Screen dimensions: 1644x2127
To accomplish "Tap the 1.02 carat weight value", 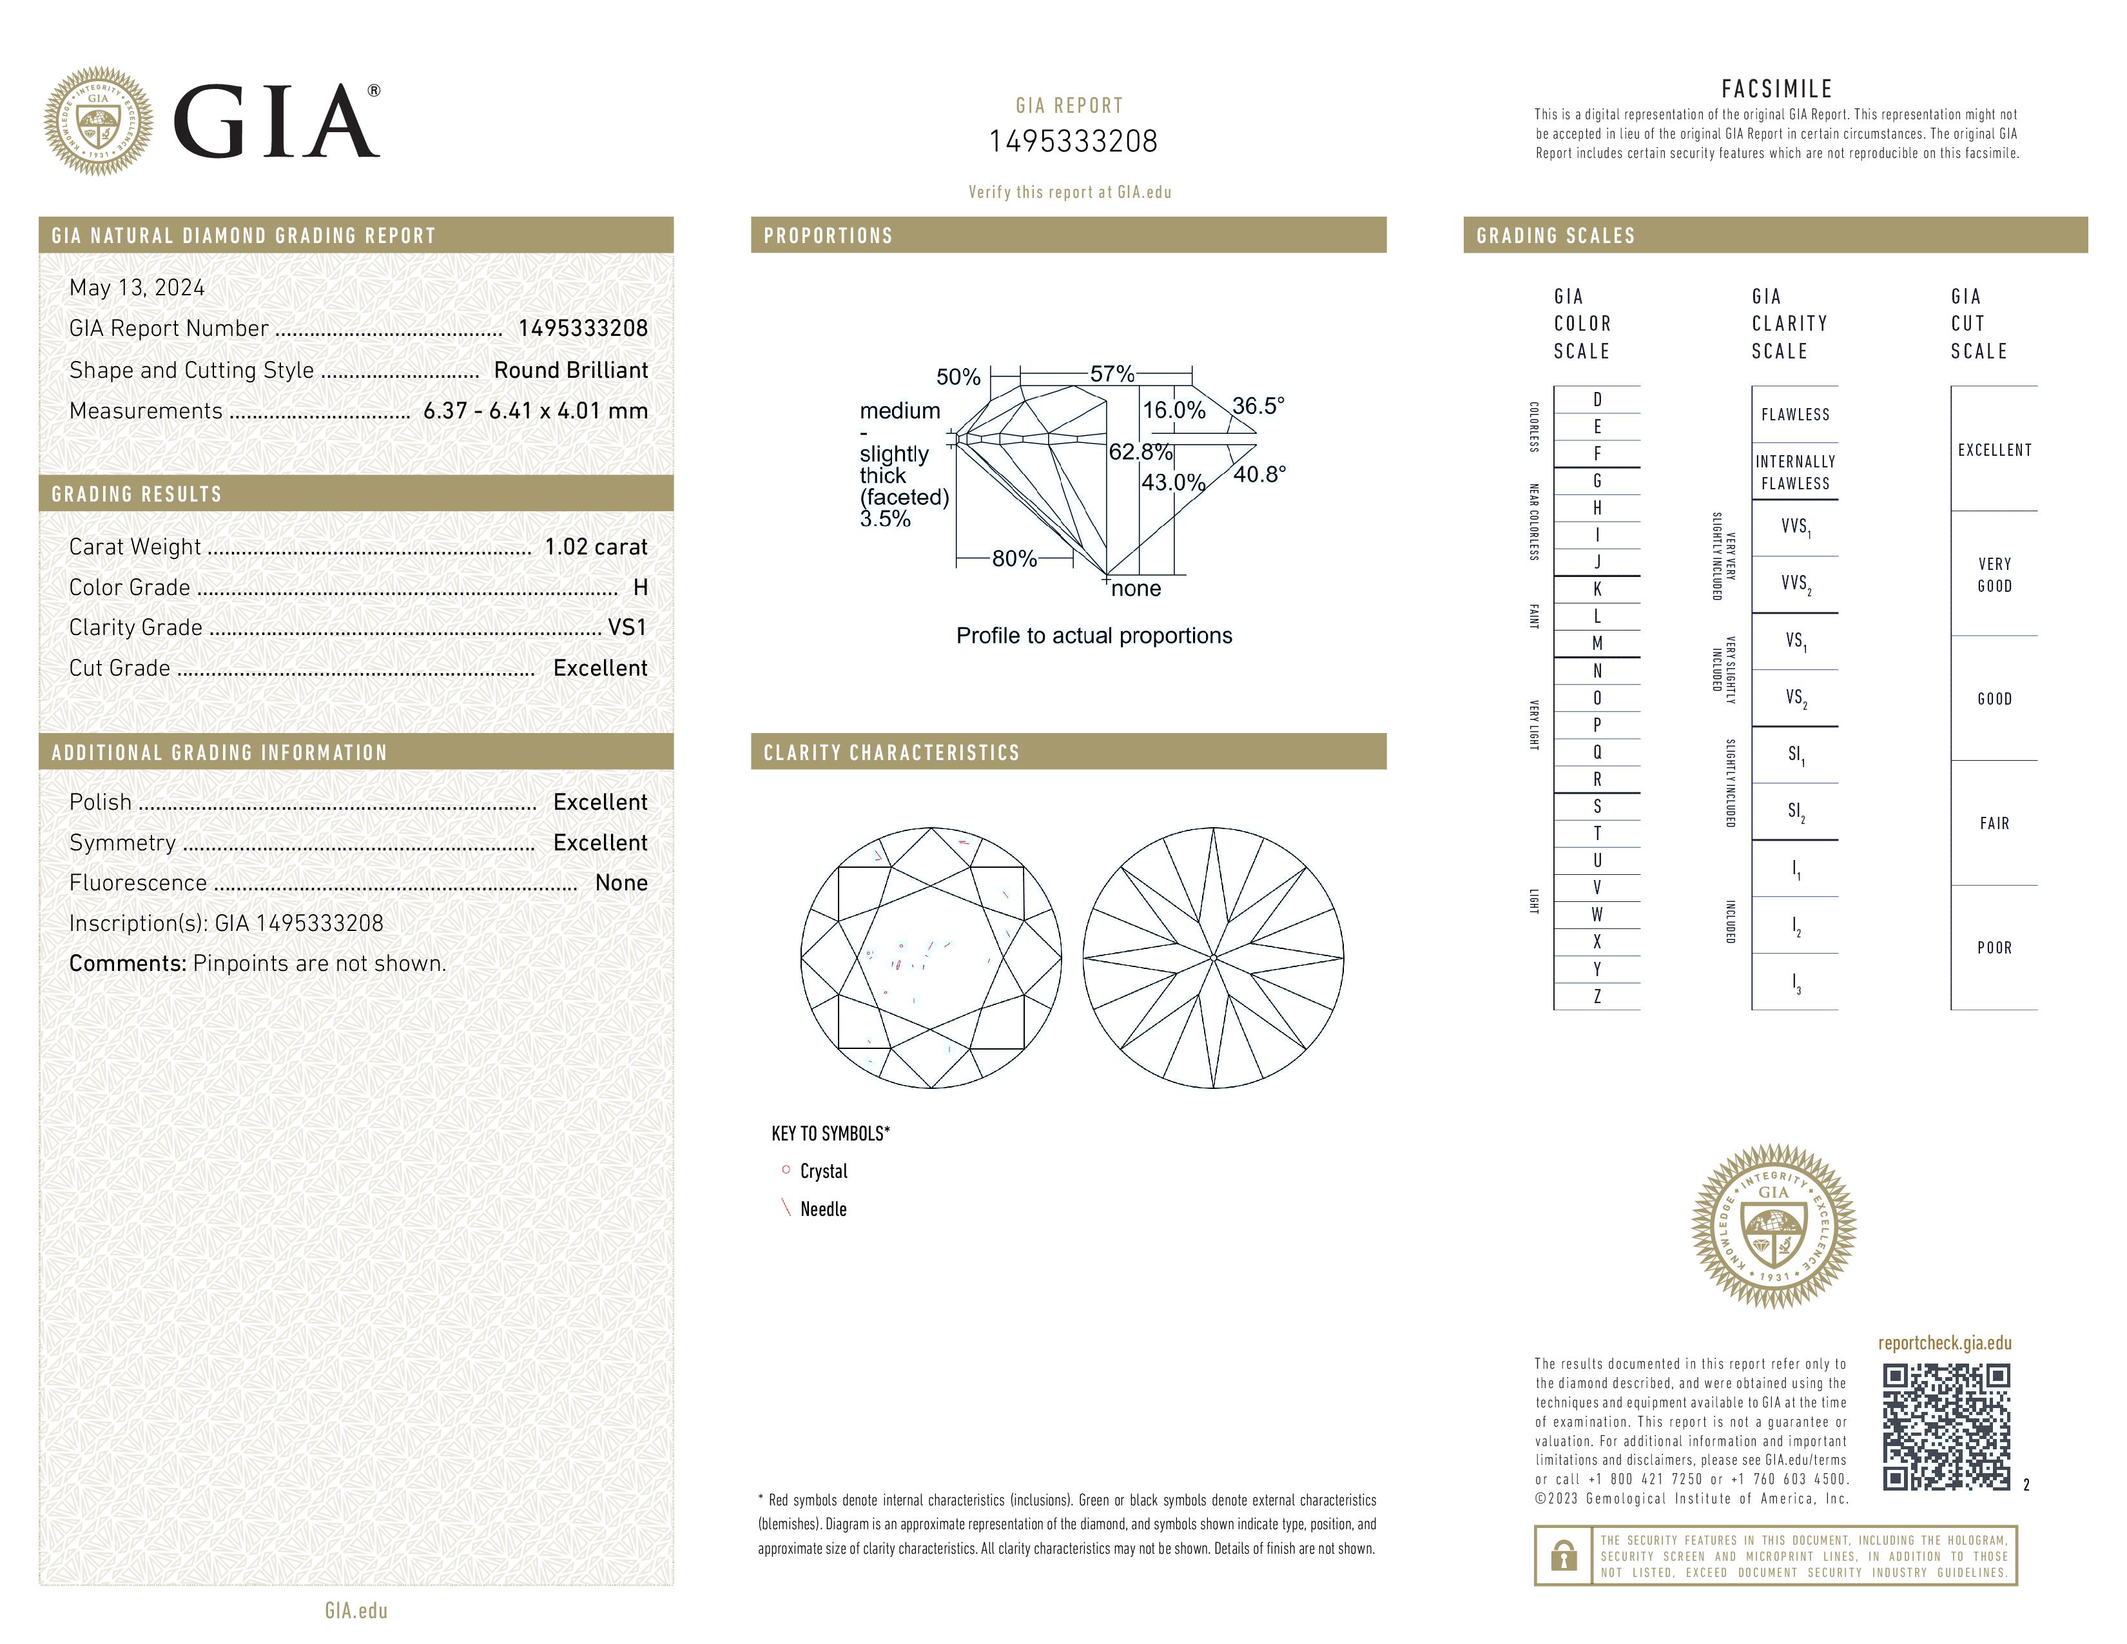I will tap(595, 547).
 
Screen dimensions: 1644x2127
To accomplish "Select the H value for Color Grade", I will tap(640, 587).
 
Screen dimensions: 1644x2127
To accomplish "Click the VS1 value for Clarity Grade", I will tap(627, 628).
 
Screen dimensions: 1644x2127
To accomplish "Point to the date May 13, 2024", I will tap(137, 288).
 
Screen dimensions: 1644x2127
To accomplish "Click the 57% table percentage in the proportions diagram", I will tap(1111, 374).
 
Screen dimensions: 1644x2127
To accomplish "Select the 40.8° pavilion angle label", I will tap(1259, 475).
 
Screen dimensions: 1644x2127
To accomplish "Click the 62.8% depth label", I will tap(1140, 452).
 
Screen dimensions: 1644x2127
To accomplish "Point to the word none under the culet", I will tap(1136, 589).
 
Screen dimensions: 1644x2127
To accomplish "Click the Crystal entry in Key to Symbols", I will tap(823, 1171).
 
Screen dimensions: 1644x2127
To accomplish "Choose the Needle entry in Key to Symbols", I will tap(823, 1209).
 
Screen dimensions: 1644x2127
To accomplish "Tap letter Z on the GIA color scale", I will tap(1597, 996).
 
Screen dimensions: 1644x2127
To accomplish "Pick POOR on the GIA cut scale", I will tap(1994, 948).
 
